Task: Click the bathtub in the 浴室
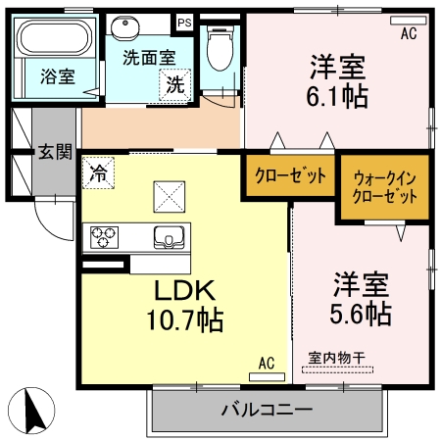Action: [56, 39]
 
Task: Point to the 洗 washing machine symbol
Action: [173, 84]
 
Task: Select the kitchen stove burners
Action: [105, 236]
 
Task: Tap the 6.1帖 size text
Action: [338, 96]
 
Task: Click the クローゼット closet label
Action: [290, 176]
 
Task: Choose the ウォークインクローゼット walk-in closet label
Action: [384, 185]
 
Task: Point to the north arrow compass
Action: [30, 410]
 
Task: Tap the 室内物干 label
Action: [336, 358]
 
